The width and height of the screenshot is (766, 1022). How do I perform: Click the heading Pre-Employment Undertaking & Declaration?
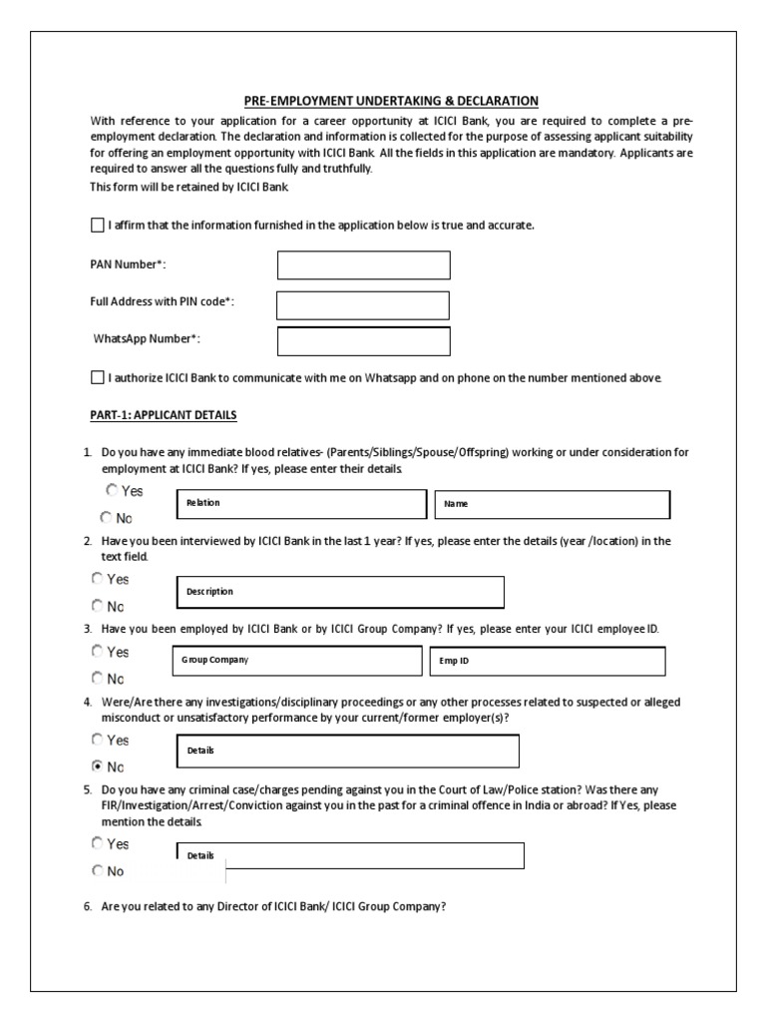click(391, 101)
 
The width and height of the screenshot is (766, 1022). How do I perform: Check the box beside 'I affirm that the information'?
click(97, 225)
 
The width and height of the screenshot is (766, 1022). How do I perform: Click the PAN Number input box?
click(363, 264)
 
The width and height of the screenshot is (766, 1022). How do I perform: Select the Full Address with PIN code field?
click(363, 304)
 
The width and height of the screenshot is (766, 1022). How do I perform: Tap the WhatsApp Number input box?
click(363, 341)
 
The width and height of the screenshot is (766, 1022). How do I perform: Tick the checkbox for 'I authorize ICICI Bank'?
click(97, 377)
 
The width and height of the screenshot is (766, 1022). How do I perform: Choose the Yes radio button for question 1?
click(112, 490)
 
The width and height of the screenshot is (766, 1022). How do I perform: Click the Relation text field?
click(300, 504)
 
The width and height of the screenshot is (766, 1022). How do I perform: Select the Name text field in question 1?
click(552, 505)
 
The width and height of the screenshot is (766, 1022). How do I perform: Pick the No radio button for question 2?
click(97, 605)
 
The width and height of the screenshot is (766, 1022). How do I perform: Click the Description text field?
click(339, 592)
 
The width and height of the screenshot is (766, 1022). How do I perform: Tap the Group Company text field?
click(296, 661)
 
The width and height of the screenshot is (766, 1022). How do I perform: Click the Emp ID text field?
click(548, 661)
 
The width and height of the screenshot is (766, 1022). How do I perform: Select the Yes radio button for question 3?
click(97, 652)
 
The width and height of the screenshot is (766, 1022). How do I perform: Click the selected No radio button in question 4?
click(97, 766)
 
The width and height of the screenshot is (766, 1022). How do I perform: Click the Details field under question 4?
click(347, 750)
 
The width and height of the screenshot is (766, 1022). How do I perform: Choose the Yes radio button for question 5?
click(97, 843)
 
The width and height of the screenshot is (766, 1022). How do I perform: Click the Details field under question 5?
click(349, 855)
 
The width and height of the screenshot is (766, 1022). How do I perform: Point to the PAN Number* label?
click(128, 264)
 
